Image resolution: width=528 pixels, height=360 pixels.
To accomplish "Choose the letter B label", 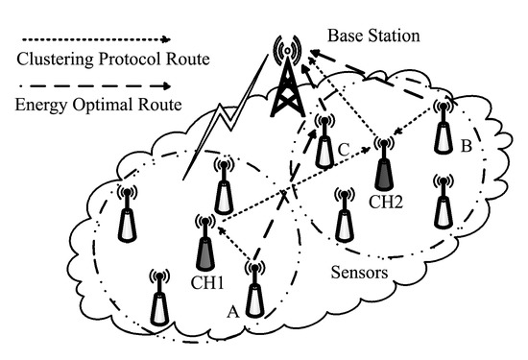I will tap(465, 147).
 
